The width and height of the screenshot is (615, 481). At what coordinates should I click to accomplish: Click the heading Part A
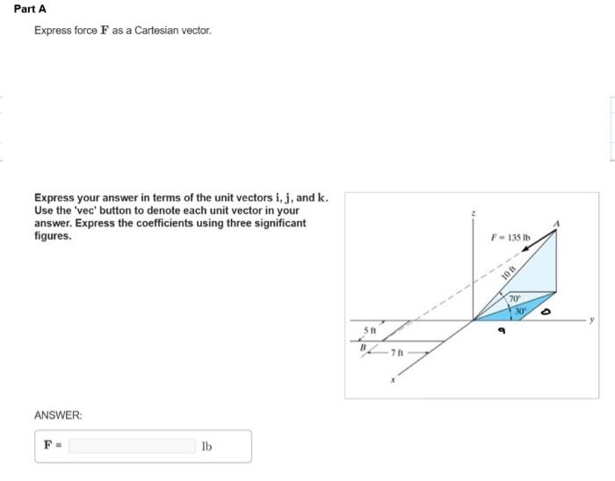31,9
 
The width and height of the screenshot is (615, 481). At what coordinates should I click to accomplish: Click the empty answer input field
132,446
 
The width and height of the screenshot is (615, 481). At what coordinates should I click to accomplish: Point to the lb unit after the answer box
207,446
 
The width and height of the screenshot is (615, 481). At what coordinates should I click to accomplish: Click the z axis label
474,213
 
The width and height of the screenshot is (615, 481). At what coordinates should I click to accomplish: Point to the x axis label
394,381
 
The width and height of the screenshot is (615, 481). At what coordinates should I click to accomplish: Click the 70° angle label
513,299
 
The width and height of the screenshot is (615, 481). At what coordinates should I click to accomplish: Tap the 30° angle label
520,310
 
